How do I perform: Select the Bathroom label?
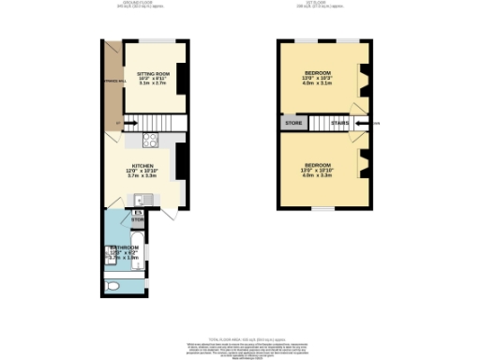click(x=124, y=248)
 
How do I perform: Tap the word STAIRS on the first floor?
click(x=339, y=123)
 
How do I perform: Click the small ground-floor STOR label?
click(x=137, y=220)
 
